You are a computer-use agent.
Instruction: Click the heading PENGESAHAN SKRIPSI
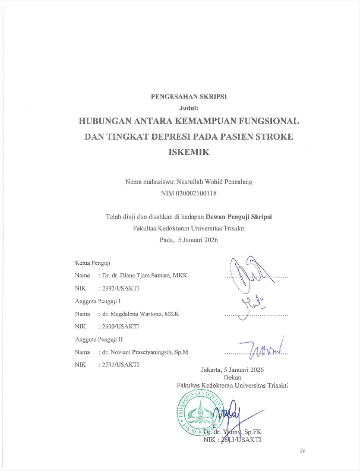click(190, 96)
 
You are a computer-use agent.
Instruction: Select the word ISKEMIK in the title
click(189, 152)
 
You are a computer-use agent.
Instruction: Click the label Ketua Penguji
click(92, 262)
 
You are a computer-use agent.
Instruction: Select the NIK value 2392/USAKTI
click(120, 289)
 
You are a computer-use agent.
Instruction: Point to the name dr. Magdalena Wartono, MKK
click(140, 314)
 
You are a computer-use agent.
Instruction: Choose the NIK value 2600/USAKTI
click(120, 326)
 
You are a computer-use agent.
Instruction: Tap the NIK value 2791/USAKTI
click(120, 364)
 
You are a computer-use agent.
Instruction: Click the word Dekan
click(232, 377)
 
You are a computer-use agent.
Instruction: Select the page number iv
click(302, 452)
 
